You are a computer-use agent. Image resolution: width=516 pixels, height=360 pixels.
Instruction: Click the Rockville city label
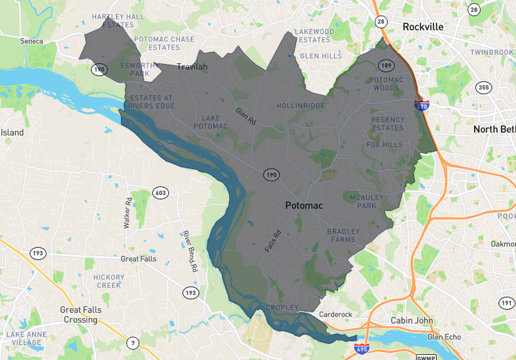pos(422,27)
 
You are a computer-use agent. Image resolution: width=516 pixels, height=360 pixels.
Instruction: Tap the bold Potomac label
pos(309,206)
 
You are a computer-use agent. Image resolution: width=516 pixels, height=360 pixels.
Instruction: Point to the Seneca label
pos(31,41)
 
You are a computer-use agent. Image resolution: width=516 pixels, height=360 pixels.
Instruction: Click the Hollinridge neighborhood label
pos(300,105)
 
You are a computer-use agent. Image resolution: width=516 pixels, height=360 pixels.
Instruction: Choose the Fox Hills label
pos(385,145)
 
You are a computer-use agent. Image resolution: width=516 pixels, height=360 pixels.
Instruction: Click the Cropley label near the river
pos(282,308)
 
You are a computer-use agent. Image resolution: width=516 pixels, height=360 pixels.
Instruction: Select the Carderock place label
pos(335,315)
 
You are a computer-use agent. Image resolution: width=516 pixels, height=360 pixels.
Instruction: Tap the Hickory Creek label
pos(109,281)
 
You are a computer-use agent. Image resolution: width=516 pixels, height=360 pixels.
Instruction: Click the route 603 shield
pos(160,192)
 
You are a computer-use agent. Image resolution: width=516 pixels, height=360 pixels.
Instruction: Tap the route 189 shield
pos(386,65)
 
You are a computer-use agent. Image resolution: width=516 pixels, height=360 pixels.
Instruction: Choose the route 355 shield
pos(483,88)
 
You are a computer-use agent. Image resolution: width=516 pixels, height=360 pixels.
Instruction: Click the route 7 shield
pos(133,342)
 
